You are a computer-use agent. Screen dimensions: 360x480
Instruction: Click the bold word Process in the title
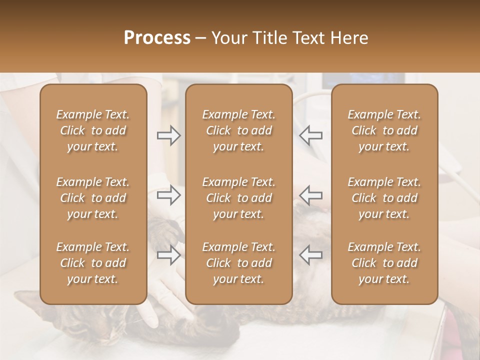tap(157, 38)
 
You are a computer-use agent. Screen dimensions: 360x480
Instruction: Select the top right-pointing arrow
tap(168, 135)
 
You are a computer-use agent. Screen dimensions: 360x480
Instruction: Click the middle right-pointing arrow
tap(168, 195)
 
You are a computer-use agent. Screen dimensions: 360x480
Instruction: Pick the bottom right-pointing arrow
tap(168, 255)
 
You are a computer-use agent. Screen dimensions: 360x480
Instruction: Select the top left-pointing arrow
tap(310, 135)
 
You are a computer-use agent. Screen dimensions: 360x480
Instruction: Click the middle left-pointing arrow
tap(310, 195)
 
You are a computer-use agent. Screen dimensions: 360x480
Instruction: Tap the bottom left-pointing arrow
tap(310, 255)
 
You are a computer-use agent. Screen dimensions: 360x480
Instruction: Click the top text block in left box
tap(93, 130)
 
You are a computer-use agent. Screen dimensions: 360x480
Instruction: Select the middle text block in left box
tap(93, 198)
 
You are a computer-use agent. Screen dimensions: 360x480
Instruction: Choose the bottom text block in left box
tap(93, 263)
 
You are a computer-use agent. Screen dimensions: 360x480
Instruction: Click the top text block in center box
tap(238, 130)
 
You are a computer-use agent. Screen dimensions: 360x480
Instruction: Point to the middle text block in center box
tap(238, 198)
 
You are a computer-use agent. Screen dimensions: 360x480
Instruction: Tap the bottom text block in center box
tap(238, 263)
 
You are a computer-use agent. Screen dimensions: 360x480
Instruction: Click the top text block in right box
tap(384, 130)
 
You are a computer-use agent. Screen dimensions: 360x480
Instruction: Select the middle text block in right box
tap(384, 198)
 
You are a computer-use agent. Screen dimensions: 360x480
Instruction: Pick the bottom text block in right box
tap(384, 263)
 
